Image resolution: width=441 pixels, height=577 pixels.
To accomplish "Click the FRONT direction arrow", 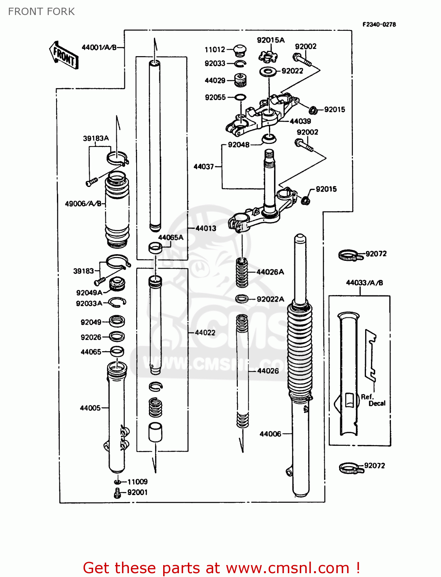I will click(64, 55).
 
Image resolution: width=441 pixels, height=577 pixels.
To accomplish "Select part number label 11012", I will click(215, 50).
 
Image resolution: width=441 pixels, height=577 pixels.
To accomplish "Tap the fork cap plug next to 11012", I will click(241, 49).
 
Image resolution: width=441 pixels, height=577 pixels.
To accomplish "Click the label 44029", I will click(215, 80).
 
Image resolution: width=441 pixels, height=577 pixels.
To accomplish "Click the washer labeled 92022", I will click(268, 71).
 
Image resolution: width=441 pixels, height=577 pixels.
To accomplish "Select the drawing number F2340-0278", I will click(379, 24).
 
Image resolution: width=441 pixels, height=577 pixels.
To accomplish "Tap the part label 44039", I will click(300, 121).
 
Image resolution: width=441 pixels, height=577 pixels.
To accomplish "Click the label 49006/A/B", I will click(83, 203).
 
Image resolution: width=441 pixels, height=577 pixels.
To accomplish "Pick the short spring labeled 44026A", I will click(242, 272).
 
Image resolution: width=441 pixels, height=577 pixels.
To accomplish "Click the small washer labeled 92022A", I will click(242, 299).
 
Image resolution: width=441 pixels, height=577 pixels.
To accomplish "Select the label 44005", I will click(90, 408).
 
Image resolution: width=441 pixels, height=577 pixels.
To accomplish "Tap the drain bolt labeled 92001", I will click(117, 493).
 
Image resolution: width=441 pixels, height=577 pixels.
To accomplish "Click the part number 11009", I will click(137, 482).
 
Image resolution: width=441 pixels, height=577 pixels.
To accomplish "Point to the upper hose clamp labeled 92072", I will click(350, 255).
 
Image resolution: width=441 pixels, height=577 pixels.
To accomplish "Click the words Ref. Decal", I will click(373, 400).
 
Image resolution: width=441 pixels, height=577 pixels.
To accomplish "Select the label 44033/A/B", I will click(364, 283).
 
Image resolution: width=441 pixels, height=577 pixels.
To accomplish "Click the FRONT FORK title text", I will click(41, 12).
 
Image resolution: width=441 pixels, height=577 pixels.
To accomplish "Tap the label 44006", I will click(270, 434).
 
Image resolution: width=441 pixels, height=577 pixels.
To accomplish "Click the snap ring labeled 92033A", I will click(117, 303).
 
